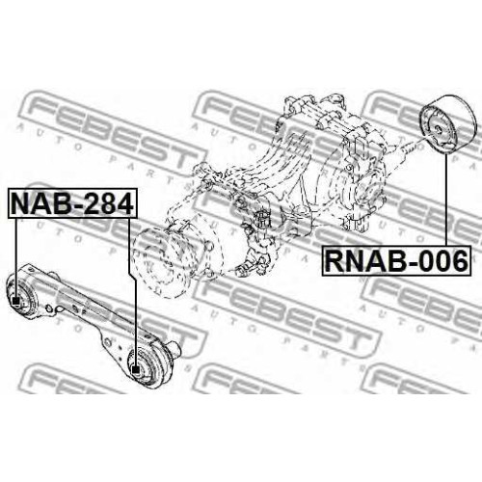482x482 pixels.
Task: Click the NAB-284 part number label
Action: [x=72, y=203]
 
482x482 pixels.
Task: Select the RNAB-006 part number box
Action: [x=396, y=261]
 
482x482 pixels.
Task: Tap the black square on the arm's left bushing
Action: [x=15, y=301]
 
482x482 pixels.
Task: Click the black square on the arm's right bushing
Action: [x=136, y=369]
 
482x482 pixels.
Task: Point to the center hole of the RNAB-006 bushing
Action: [x=438, y=128]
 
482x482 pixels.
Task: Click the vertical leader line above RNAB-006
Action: [x=446, y=201]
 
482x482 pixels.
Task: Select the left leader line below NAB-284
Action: [x=15, y=257]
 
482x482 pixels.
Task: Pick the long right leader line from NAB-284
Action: [x=132, y=292]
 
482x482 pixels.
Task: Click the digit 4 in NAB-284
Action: [x=123, y=203]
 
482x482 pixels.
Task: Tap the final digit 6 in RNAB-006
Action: [x=459, y=261]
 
